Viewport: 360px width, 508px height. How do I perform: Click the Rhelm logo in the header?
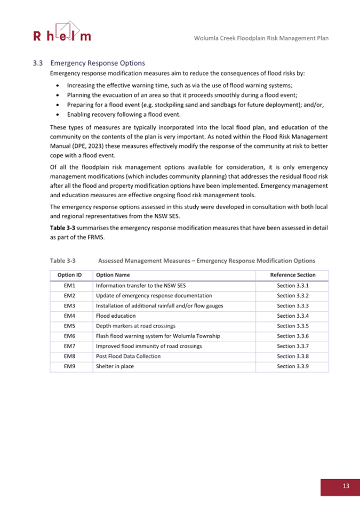[62, 32]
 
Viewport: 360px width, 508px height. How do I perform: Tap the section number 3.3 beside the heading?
[37, 63]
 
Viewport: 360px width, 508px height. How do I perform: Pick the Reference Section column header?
[293, 275]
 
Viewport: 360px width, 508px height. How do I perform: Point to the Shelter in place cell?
[115, 367]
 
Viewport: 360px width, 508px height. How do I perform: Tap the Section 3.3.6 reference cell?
[293, 336]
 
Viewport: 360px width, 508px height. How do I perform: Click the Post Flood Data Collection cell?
[128, 357]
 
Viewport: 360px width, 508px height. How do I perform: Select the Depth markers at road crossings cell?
[135, 326]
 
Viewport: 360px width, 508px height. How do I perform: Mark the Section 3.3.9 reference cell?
[293, 367]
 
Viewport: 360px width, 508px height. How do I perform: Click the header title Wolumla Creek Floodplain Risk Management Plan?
[261, 38]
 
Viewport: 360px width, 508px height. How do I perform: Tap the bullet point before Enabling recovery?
[58, 115]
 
